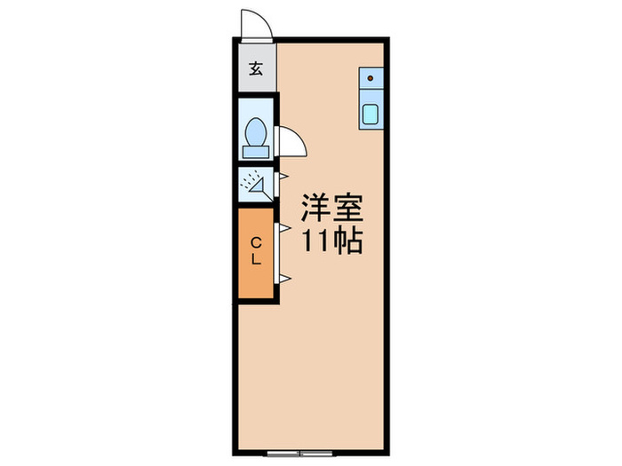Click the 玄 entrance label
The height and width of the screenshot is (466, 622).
(x=255, y=69)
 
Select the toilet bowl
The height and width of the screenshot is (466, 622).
(x=256, y=131)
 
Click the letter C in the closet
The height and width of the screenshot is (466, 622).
(x=255, y=242)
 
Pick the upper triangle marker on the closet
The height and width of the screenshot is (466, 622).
(x=285, y=228)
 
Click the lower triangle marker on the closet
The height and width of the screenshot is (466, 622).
(x=285, y=280)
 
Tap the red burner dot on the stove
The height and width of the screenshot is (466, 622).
(x=371, y=78)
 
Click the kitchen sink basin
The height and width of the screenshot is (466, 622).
(x=371, y=114)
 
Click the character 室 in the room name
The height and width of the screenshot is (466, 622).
(x=347, y=209)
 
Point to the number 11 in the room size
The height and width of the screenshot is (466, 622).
(x=315, y=241)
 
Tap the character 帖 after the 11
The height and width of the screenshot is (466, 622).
(x=347, y=241)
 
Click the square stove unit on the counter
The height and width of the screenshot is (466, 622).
(x=371, y=79)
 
